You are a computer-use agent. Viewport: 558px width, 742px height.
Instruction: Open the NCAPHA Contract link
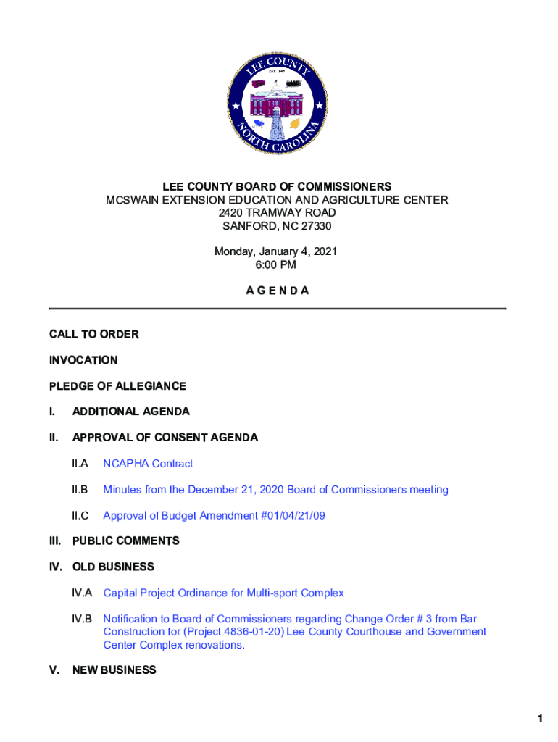pyautogui.click(x=148, y=464)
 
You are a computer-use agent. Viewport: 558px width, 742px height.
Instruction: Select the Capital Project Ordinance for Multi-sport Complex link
pyautogui.click(x=223, y=593)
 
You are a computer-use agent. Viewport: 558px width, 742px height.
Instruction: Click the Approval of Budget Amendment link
pyautogui.click(x=204, y=516)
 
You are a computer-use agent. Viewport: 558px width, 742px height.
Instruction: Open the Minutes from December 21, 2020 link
pyautogui.click(x=275, y=490)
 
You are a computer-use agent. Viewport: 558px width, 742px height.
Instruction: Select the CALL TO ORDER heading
pyautogui.click(x=93, y=334)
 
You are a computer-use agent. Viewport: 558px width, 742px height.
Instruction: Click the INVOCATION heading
pyautogui.click(x=83, y=360)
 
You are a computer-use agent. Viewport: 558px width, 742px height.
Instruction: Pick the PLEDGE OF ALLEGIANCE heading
pyautogui.click(x=117, y=386)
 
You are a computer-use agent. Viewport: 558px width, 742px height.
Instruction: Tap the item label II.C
pyautogui.click(x=80, y=516)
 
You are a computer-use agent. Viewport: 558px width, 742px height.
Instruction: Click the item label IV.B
pyautogui.click(x=82, y=619)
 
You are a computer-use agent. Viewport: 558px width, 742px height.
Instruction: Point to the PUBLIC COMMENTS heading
pyautogui.click(x=125, y=541)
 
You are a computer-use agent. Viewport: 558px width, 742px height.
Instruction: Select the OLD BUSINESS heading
pyautogui.click(x=113, y=567)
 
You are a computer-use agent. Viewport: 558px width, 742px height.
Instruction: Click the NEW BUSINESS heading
pyautogui.click(x=114, y=670)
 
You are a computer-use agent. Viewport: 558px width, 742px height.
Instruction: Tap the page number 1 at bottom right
pyautogui.click(x=540, y=719)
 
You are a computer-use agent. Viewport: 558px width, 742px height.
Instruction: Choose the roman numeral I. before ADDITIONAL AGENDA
pyautogui.click(x=52, y=412)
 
